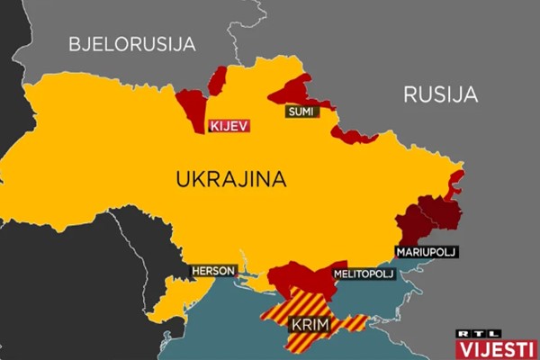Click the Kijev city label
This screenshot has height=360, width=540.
point(228,126)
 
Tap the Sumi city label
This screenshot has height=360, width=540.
point(297,112)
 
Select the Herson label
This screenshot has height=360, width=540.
point(212,270)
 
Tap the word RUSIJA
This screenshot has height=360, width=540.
point(440,94)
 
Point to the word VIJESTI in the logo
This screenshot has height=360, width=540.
point(496,348)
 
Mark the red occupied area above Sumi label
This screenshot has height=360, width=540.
point(292,90)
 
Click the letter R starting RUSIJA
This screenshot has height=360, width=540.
point(410,94)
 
